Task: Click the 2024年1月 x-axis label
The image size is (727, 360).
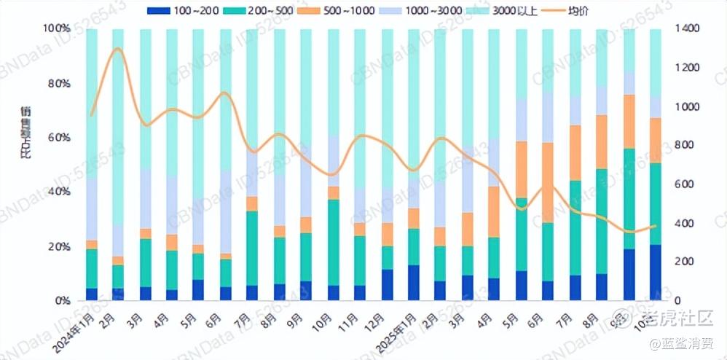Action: [x=76, y=327]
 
